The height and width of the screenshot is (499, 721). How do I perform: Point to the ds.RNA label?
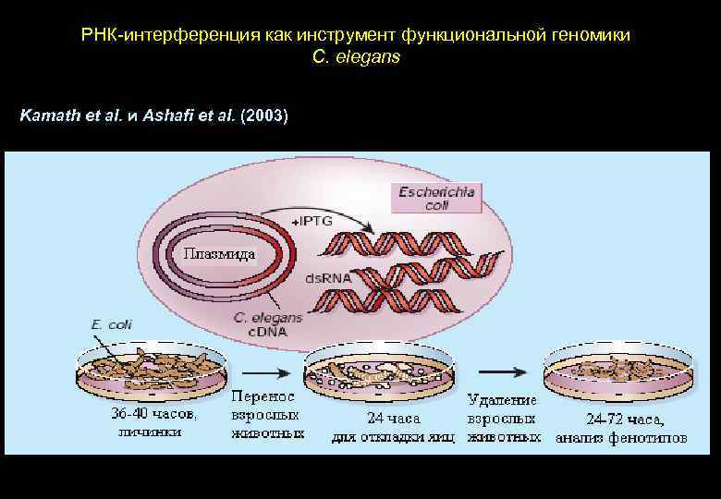pyautogui.click(x=324, y=277)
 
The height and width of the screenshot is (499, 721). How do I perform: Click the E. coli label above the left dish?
pyautogui.click(x=109, y=324)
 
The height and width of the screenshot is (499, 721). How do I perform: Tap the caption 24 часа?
pyautogui.click(x=393, y=418)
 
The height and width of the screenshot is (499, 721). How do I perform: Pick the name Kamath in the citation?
pyautogui.click(x=46, y=116)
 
